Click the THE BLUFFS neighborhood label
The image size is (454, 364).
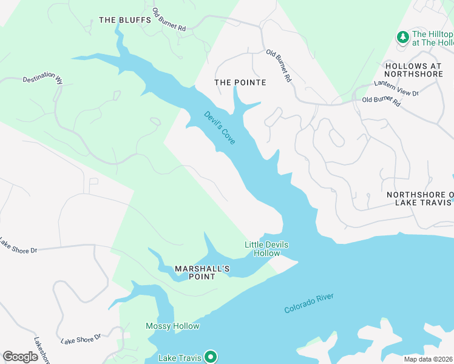(124, 20)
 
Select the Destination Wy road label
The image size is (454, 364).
(43, 79)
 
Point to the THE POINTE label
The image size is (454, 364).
(240, 82)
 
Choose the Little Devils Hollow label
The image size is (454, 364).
(266, 249)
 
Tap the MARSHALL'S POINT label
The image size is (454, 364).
(195, 272)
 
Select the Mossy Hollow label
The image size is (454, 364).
(172, 326)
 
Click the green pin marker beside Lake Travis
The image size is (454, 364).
(210, 357)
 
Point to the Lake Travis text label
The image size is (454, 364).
(180, 358)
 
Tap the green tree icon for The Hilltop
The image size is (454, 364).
(402, 38)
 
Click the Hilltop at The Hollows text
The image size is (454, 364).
(432, 38)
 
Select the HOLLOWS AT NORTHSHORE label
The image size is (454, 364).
(419, 70)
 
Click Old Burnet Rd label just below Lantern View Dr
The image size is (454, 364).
(381, 101)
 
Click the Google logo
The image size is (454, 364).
(20, 357)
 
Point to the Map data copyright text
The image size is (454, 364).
(429, 359)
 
